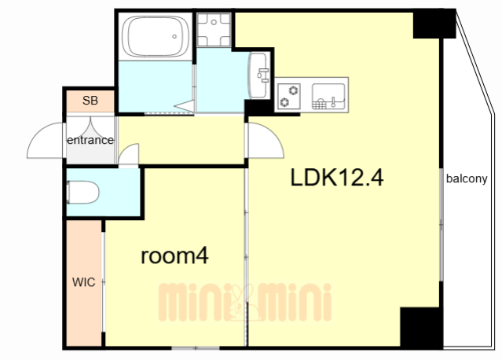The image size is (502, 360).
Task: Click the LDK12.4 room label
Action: (336, 178)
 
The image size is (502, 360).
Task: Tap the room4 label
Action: (175, 256)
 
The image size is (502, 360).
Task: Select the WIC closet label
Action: (83, 282)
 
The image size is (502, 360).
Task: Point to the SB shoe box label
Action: (90, 101)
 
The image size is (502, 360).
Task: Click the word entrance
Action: (90, 140)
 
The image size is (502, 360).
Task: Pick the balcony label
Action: (467, 178)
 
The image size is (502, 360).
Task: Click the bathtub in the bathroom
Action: (156, 36)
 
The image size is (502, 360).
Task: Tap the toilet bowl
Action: (82, 192)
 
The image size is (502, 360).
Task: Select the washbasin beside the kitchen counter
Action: (259, 75)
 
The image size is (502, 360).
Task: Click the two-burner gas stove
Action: (289, 96)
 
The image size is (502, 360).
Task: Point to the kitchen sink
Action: (328, 96)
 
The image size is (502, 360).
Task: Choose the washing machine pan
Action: (214, 30)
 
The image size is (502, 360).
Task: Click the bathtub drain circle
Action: (174, 36)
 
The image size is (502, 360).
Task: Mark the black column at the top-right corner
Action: (434, 24)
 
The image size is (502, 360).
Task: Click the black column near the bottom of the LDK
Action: (421, 328)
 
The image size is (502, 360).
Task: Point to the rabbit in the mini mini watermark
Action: (239, 303)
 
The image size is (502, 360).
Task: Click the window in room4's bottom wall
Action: (196, 348)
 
